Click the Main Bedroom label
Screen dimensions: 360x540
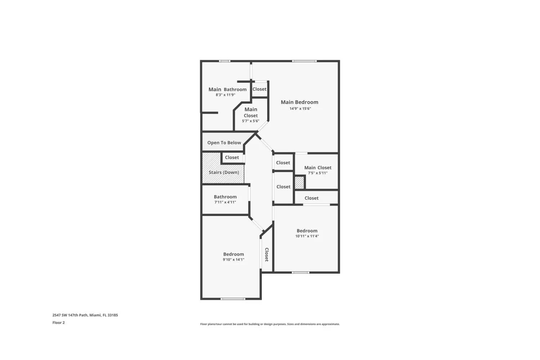(x=300, y=102)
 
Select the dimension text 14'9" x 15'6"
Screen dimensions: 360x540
(x=300, y=108)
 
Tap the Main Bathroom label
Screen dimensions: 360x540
(x=228, y=89)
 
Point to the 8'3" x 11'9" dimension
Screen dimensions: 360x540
(x=225, y=95)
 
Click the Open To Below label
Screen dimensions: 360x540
(x=224, y=143)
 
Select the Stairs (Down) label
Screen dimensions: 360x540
(x=224, y=172)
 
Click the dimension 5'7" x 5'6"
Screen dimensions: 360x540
(x=251, y=121)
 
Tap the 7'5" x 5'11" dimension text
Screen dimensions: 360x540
(x=318, y=173)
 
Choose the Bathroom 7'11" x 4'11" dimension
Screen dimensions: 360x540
(x=225, y=202)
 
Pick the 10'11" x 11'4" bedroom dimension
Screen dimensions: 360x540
(x=307, y=236)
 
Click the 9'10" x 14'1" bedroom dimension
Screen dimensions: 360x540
(x=233, y=260)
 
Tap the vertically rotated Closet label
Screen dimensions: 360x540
(x=267, y=255)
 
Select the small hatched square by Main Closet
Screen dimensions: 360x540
(x=300, y=183)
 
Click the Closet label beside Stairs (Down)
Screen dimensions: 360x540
(x=232, y=158)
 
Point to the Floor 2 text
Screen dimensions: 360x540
(x=59, y=323)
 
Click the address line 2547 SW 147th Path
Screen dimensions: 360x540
(x=85, y=315)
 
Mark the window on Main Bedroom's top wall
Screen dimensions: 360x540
(x=304, y=61)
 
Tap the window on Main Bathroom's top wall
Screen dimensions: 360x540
(x=225, y=61)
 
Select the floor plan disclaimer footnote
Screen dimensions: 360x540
(x=270, y=324)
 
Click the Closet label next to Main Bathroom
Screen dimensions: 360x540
(x=259, y=89)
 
